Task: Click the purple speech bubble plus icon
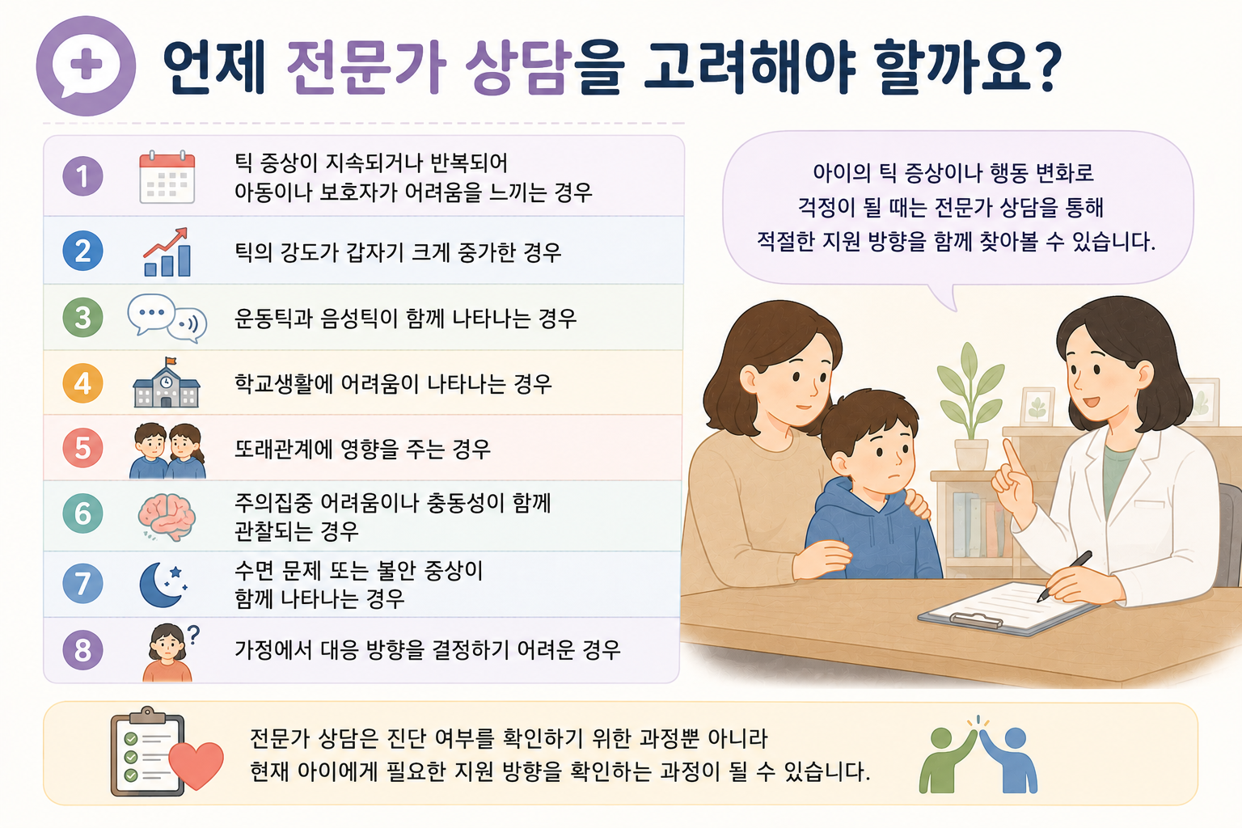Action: tap(86, 65)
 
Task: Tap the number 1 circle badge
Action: tap(82, 176)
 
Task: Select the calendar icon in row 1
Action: tap(167, 177)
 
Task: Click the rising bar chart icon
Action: tap(167, 251)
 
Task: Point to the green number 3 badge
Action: tap(82, 317)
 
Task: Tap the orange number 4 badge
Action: tap(82, 383)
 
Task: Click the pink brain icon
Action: tap(167, 517)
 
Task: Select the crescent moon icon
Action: tap(161, 585)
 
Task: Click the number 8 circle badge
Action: tap(82, 650)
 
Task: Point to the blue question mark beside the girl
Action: tap(193, 635)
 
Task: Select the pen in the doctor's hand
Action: tap(1065, 576)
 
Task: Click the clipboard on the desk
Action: tap(1007, 608)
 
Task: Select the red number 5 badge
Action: tap(82, 448)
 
